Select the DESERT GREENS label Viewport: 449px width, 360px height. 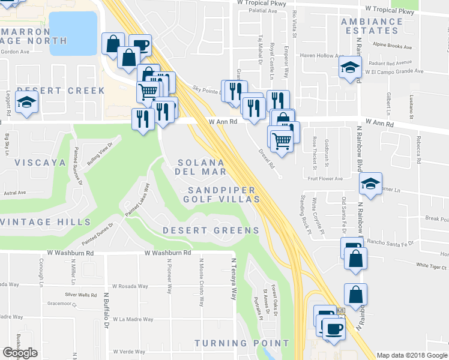(x=211, y=230)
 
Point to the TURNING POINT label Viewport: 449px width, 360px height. (x=238, y=343)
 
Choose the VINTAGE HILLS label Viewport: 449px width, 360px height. (x=45, y=222)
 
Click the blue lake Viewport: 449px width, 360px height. (x=73, y=33)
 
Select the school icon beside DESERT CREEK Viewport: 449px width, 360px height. (x=26, y=103)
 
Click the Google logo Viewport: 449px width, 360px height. (x=20, y=353)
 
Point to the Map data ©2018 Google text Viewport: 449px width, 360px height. (x=412, y=355)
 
